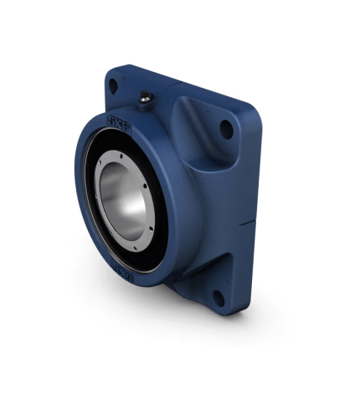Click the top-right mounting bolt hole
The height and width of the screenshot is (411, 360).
click(x=226, y=128)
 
